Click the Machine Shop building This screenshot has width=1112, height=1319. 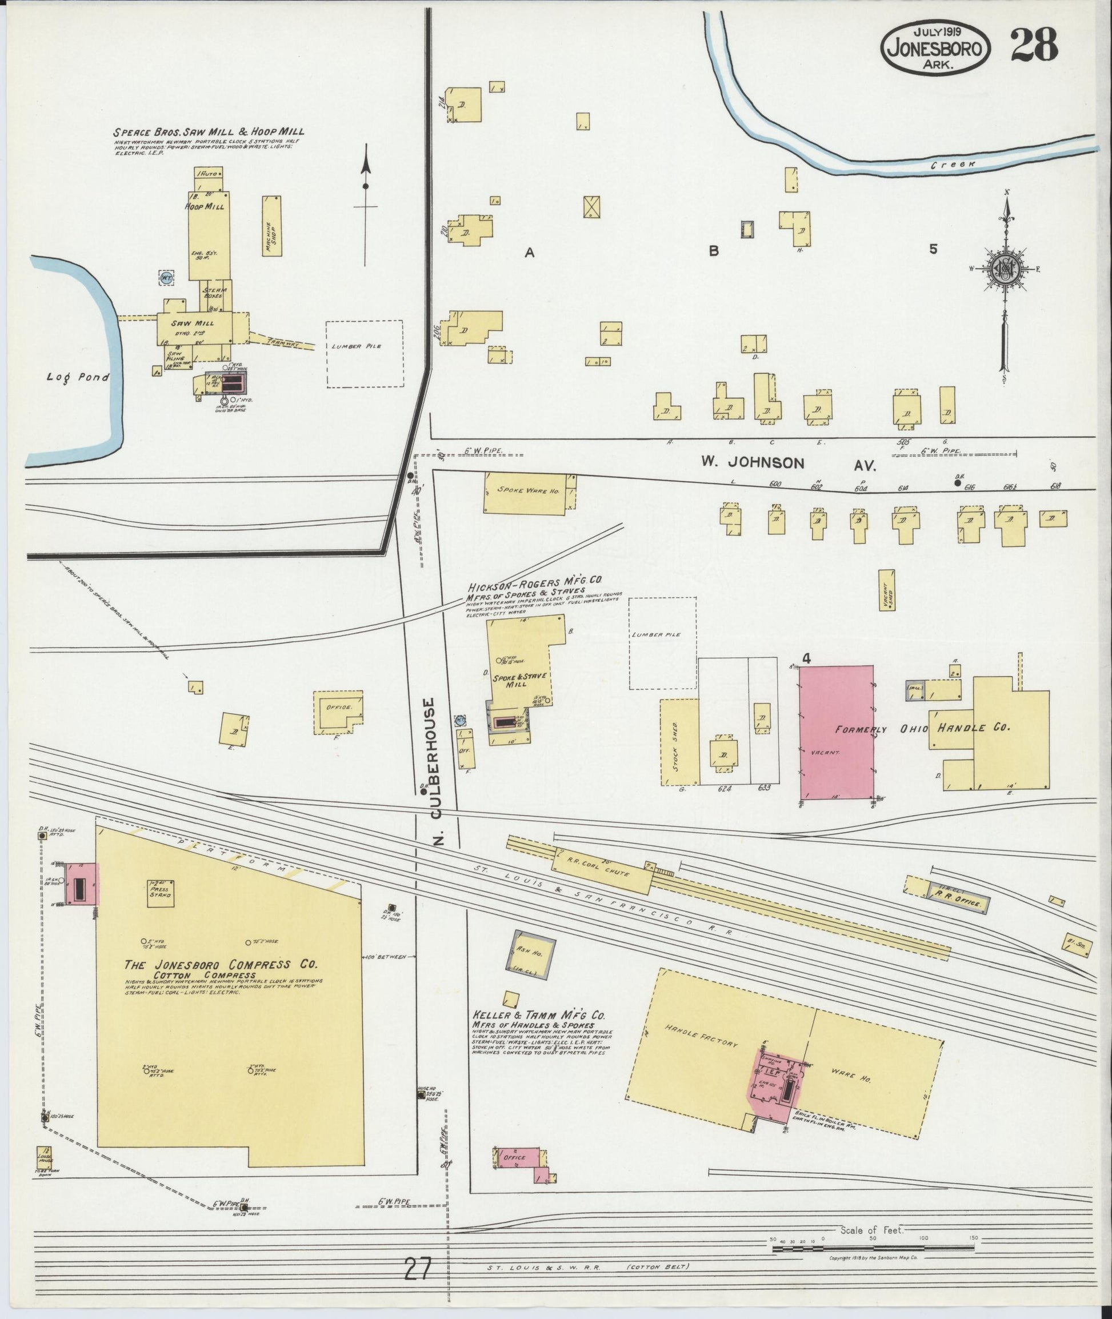pos(271,226)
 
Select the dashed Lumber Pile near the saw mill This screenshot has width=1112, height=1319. pos(365,354)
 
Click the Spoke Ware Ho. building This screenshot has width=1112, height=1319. pos(530,493)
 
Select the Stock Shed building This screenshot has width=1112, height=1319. pos(679,742)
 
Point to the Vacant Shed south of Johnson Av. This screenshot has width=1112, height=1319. pos(887,590)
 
